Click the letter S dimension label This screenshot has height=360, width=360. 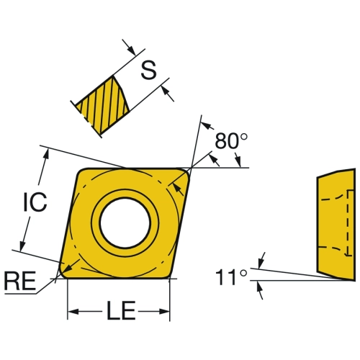[x=148, y=70]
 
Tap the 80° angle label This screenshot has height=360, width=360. [x=231, y=141]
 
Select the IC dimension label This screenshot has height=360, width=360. [x=35, y=202]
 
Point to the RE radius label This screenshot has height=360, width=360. [x=20, y=281]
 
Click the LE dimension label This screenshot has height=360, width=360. [x=121, y=310]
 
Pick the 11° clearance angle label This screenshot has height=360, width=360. [x=231, y=277]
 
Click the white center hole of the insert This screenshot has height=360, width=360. [x=125, y=222]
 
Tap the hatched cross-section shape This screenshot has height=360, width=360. [x=102, y=105]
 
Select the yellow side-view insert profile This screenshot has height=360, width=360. [x=336, y=225]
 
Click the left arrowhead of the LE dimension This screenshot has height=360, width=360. [x=73, y=312]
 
